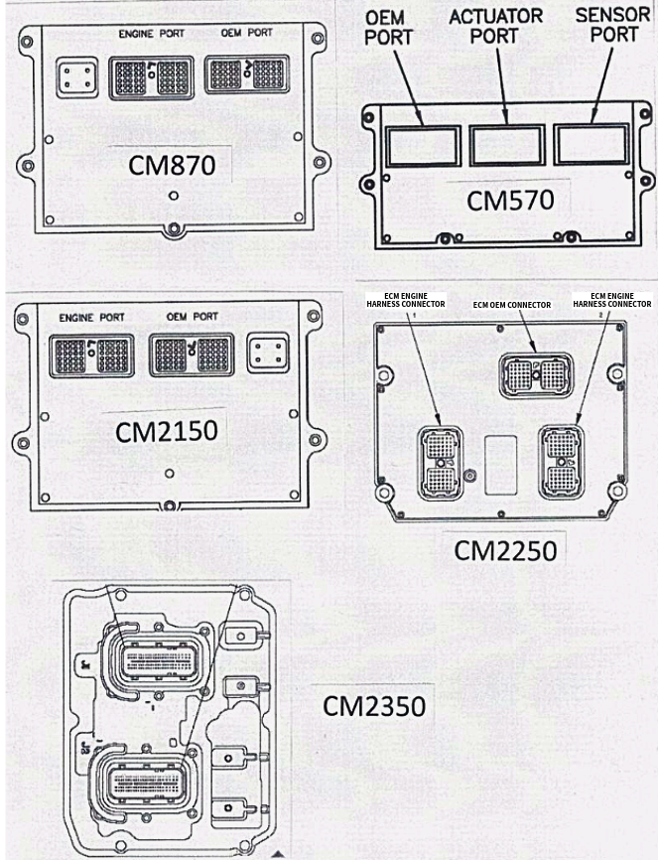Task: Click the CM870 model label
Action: pyautogui.click(x=172, y=164)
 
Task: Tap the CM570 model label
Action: pyautogui.click(x=510, y=200)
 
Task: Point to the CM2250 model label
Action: pyautogui.click(x=505, y=549)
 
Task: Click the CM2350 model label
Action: pyautogui.click(x=373, y=706)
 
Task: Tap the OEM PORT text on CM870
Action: pyautogui.click(x=246, y=33)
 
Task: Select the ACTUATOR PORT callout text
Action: pyautogui.click(x=496, y=26)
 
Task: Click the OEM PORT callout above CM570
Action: pyautogui.click(x=389, y=27)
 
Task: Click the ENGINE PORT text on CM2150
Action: pyautogui.click(x=91, y=318)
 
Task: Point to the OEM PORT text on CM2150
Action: pyautogui.click(x=192, y=318)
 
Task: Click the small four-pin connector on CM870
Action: pyautogui.click(x=75, y=77)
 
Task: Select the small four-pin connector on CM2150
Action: pyautogui.click(x=269, y=352)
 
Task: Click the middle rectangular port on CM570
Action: pyautogui.click(x=506, y=145)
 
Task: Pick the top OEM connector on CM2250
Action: pyautogui.click(x=534, y=373)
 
